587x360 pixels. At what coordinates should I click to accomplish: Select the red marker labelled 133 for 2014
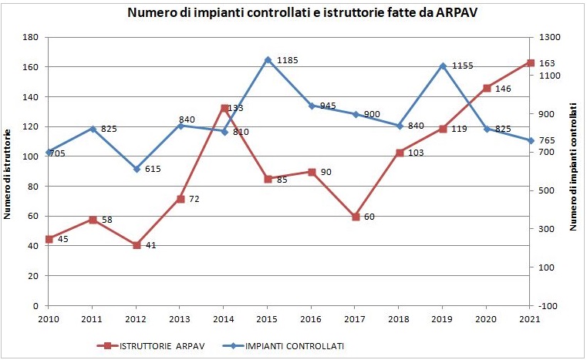tap(224, 109)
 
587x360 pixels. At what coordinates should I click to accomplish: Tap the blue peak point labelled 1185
tap(268, 59)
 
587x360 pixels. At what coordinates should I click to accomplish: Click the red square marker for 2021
tap(530, 62)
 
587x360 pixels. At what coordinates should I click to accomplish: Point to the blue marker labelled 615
tap(137, 169)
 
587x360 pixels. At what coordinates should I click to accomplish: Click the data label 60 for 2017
tap(369, 217)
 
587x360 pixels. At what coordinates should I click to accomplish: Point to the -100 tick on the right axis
tap(549, 306)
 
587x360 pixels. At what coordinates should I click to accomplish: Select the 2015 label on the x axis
tap(268, 318)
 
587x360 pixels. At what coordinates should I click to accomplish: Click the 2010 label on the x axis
tap(49, 318)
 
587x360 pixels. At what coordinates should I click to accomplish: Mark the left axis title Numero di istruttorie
tap(8, 175)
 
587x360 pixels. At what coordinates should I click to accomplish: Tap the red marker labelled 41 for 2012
tap(137, 245)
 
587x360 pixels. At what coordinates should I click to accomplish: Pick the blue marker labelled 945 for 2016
tap(312, 106)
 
